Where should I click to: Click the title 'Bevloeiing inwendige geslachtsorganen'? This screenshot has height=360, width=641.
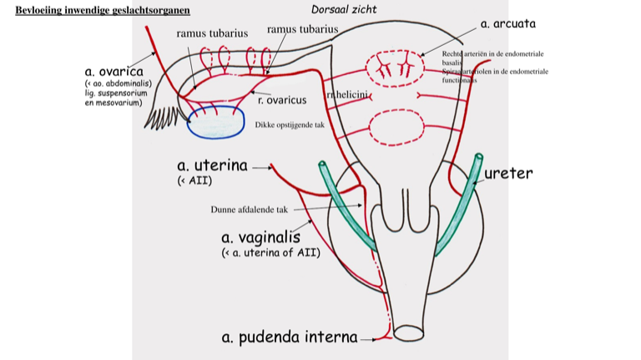coord(103,10)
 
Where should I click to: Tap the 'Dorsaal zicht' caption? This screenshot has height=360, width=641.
coord(343,9)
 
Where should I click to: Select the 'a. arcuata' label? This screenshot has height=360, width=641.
coord(508,23)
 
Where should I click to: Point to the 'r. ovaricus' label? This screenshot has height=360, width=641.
coord(282,100)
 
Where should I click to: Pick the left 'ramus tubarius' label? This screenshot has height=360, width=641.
coord(212,33)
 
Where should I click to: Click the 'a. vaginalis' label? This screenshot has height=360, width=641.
coord(260,236)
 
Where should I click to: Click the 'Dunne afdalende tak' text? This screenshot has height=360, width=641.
coord(249,210)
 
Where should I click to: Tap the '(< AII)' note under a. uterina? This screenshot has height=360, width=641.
coord(194,181)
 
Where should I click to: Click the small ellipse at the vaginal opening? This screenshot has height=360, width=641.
coord(410,333)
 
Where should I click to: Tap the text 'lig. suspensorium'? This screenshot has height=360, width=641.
coord(116,94)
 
